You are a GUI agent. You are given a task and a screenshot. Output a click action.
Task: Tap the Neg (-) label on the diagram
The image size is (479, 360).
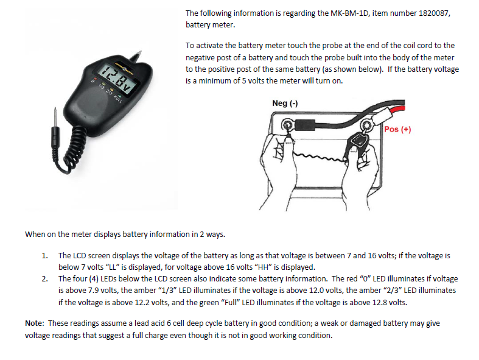pos(285,104)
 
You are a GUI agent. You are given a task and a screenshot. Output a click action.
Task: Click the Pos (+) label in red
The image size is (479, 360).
pos(398,129)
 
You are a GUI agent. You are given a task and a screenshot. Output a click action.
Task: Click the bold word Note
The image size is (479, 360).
pos(35,323)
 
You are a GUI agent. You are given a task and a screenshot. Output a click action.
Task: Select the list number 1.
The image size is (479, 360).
pos(45,256)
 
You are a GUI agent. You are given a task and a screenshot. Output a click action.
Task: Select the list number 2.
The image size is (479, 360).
pos(45,279)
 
